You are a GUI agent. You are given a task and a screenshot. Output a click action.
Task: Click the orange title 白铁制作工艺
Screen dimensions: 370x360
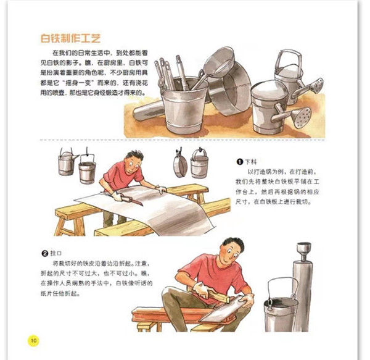(x=70, y=38)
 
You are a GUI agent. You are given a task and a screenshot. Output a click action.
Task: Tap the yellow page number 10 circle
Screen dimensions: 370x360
(x=33, y=340)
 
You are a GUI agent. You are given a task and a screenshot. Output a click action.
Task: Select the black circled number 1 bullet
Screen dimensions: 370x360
(x=239, y=162)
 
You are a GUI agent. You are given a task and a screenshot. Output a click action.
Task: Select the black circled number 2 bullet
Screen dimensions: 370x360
(x=45, y=253)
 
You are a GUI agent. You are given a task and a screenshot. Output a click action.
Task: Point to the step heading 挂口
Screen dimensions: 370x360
(x=56, y=253)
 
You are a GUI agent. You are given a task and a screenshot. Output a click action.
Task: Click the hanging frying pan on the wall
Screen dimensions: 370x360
(x=180, y=163)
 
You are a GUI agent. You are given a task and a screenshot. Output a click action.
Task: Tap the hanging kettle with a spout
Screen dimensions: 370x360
(x=67, y=162)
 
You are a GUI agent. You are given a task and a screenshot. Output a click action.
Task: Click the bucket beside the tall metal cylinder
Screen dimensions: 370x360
(x=281, y=310)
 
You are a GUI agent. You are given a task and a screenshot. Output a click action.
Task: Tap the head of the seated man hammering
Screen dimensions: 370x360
(x=232, y=250)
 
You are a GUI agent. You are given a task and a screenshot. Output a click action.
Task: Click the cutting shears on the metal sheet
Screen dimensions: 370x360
(x=129, y=199)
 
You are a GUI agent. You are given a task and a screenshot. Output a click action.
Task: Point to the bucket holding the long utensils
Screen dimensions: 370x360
(x=184, y=106)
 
